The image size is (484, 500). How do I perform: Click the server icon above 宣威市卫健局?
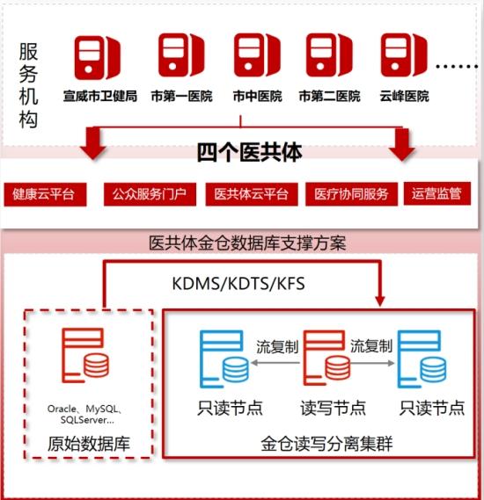click(98, 58)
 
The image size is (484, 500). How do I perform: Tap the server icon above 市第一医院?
click(181, 55)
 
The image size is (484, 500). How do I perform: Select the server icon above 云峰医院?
click(404, 55)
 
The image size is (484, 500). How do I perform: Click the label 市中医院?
click(257, 96)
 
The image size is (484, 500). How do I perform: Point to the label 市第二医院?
click(329, 96)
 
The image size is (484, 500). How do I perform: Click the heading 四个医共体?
click(249, 152)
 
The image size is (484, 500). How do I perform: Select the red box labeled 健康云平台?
click(45, 194)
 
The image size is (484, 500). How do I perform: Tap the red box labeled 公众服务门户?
click(150, 194)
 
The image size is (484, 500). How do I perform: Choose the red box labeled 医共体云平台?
click(252, 194)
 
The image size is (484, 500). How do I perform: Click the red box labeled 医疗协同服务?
click(351, 194)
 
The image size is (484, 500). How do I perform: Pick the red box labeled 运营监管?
click(437, 193)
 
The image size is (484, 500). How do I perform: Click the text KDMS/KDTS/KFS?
click(238, 284)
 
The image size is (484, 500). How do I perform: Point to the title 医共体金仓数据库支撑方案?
click(247, 243)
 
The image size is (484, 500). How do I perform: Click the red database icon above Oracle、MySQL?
click(85, 355)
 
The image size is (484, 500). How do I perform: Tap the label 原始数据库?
click(89, 444)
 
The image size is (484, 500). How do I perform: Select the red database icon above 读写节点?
click(326, 358)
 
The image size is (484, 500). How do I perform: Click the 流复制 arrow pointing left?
click(275, 363)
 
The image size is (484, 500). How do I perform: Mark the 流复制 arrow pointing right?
click(372, 363)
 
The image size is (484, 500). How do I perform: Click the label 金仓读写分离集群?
click(326, 444)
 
